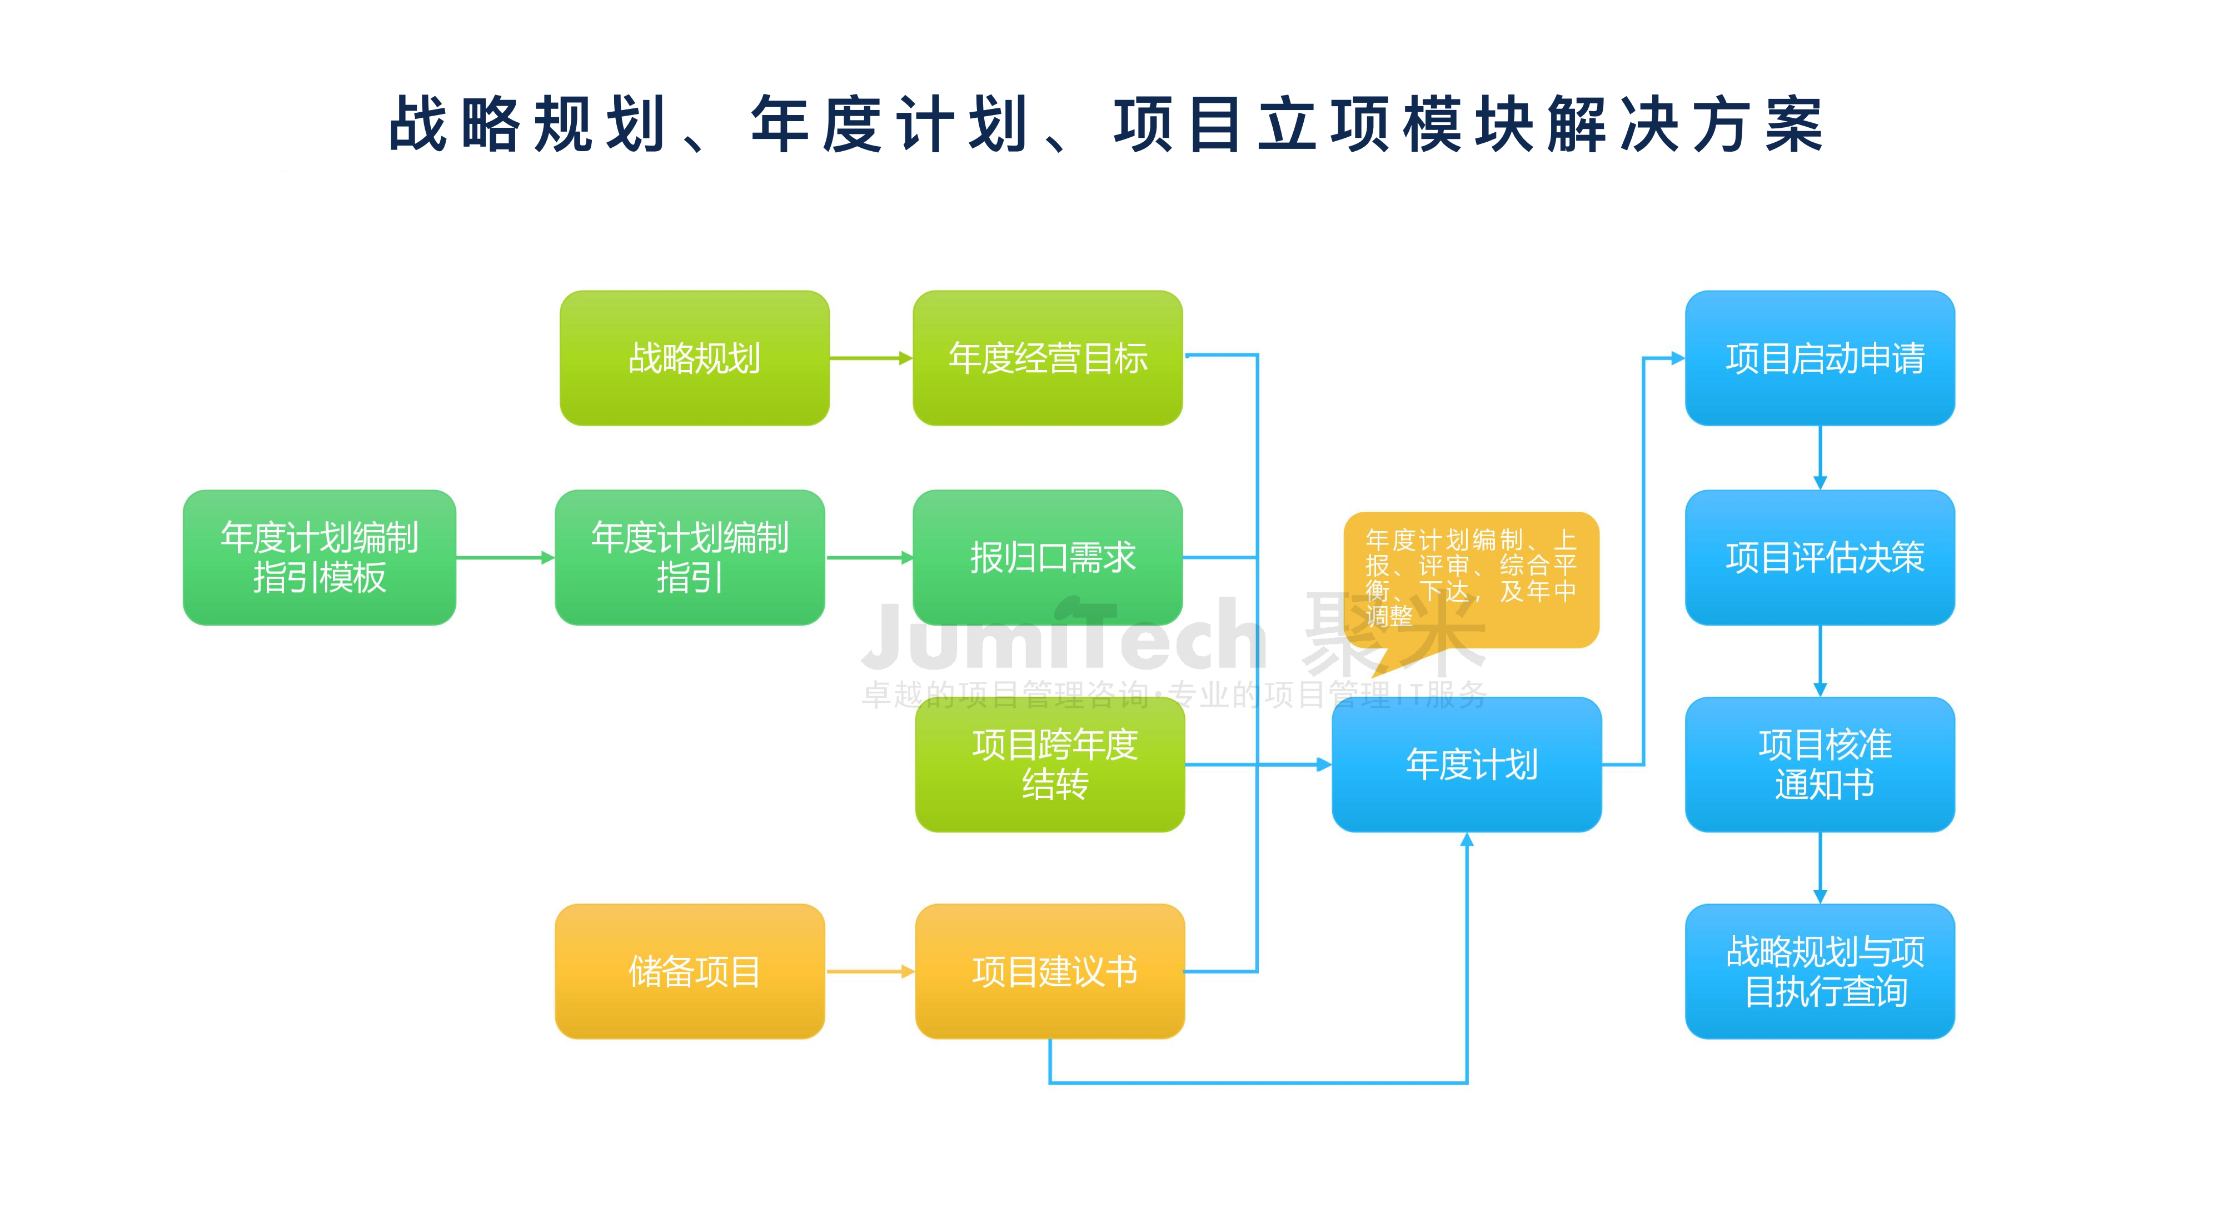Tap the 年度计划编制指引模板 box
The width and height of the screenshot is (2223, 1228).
point(320,557)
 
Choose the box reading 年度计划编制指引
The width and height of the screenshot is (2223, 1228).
point(690,557)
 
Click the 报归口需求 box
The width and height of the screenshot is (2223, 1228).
point(1047,557)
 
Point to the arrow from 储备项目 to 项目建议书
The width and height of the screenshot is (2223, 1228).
point(869,972)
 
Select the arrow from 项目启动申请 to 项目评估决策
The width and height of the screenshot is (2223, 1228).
point(1820,457)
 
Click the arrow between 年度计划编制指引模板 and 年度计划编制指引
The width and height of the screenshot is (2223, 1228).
point(505,557)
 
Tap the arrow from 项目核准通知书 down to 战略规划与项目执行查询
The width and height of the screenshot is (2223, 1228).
point(1820,867)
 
